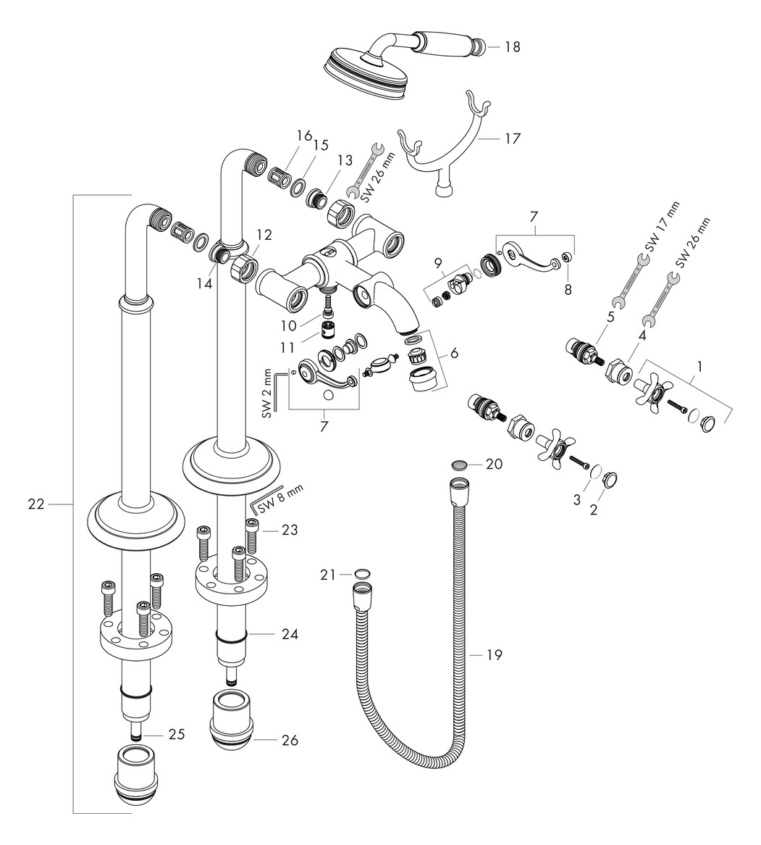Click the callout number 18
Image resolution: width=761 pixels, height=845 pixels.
click(x=512, y=47)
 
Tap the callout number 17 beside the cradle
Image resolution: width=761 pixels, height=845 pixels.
click(x=512, y=138)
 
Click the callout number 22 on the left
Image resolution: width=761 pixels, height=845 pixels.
click(x=36, y=504)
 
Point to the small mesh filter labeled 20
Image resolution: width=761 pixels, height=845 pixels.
click(x=458, y=464)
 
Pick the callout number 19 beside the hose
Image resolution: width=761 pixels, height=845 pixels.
click(x=494, y=655)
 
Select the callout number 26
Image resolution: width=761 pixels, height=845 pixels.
click(x=290, y=741)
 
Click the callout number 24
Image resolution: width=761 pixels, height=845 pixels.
click(x=290, y=633)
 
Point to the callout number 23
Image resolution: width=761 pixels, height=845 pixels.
click(x=289, y=530)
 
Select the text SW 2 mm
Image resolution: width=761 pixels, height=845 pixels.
click(x=266, y=393)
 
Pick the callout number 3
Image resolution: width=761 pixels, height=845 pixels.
click(x=576, y=499)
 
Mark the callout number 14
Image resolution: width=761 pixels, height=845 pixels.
click(x=207, y=285)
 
